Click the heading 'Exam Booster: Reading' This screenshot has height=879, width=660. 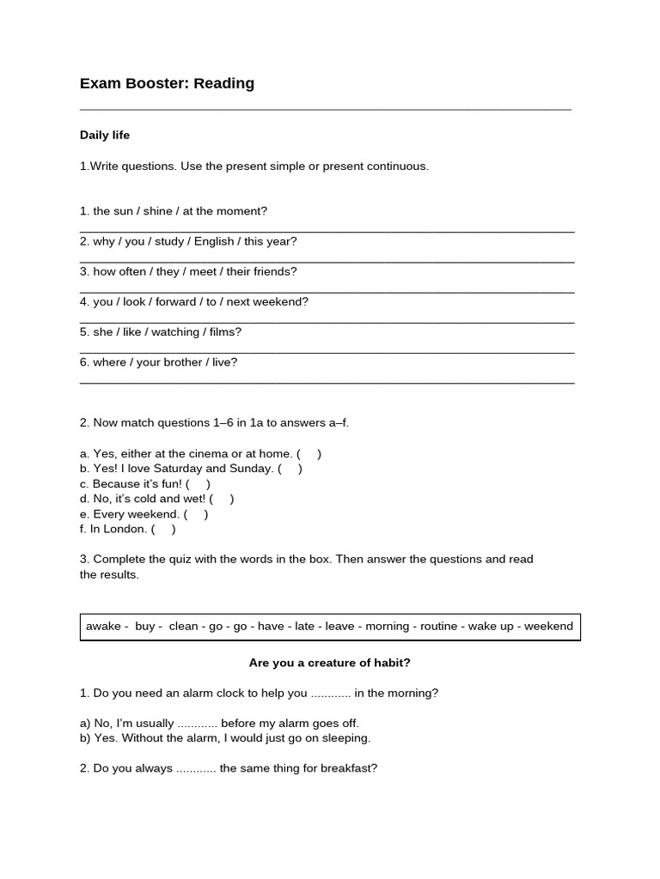[167, 83]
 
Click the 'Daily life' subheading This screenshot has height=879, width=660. [105, 135]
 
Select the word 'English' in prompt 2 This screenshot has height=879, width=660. [214, 241]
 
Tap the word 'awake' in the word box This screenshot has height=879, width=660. [103, 627]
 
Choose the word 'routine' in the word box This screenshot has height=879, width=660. [438, 627]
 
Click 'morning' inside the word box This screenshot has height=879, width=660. [388, 627]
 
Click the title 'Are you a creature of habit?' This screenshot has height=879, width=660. [330, 663]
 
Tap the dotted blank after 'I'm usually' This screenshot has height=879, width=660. [197, 724]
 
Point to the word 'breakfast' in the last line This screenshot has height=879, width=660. [347, 769]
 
